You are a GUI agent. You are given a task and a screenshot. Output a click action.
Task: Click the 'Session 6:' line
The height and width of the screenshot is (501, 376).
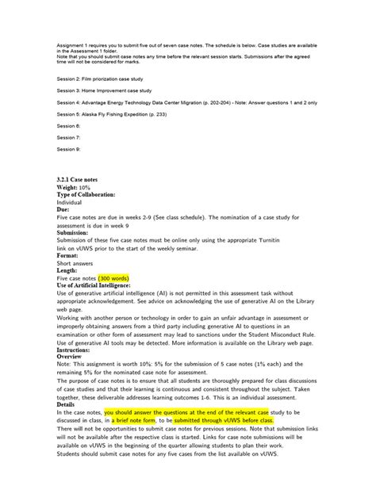click(x=68, y=125)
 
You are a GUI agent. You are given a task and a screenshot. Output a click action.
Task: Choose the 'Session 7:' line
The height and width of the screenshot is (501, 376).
click(x=68, y=137)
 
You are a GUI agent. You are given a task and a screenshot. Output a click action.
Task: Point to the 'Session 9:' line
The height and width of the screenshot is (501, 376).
click(x=68, y=148)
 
